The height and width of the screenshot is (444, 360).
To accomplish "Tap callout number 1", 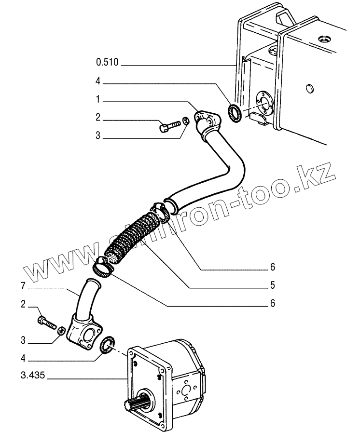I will click(x=97, y=101).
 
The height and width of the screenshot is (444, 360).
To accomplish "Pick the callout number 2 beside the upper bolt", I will click(x=97, y=117).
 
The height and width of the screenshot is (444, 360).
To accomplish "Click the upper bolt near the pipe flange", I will click(x=166, y=127).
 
